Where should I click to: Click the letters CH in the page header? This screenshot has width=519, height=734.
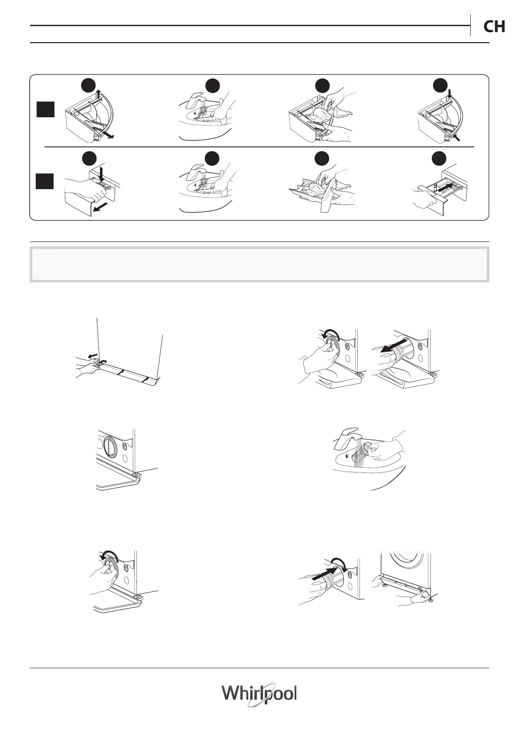[494, 27]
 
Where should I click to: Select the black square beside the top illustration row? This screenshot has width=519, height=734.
[45, 109]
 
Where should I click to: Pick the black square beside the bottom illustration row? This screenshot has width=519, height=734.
[45, 181]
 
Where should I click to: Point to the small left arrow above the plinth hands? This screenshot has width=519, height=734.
[91, 356]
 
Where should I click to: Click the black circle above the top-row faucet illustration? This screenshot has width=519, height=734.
[213, 85]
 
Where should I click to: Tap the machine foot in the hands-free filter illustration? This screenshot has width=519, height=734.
[138, 474]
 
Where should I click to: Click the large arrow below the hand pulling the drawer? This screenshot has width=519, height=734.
[102, 208]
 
